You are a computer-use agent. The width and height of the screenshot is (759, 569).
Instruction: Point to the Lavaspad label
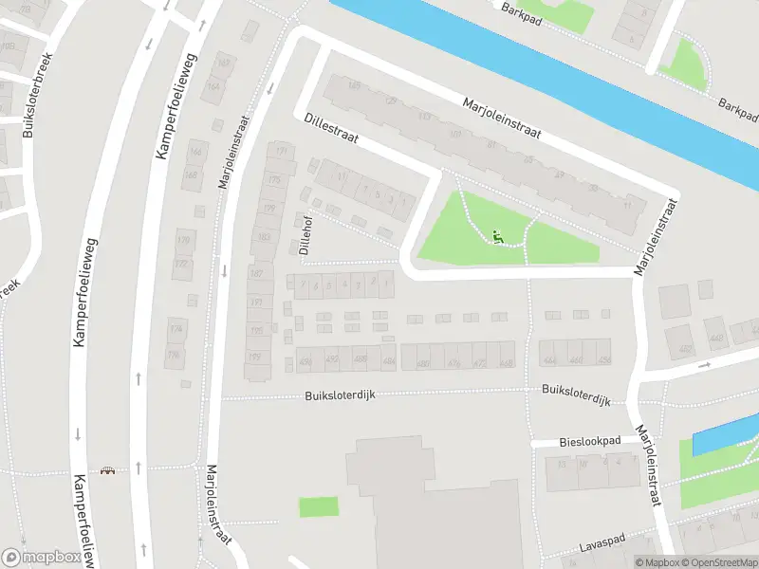tap(603, 548)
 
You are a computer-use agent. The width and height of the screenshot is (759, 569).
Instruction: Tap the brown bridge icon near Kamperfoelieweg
tap(107, 471)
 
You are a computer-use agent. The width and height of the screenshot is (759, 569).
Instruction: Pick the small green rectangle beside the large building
tap(319, 507)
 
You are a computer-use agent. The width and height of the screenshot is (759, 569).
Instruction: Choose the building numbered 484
tap(387, 360)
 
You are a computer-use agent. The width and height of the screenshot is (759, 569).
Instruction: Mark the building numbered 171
tap(281, 151)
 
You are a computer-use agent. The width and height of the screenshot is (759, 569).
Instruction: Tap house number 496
tap(305, 360)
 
